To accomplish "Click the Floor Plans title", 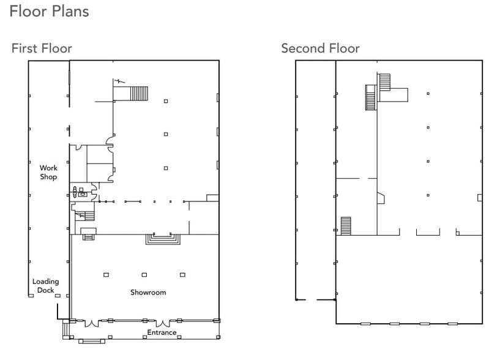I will click(50, 11).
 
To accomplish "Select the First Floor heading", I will click(42, 48).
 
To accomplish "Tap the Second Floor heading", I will click(320, 48).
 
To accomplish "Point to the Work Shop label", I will click(48, 172).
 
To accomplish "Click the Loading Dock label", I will click(45, 286).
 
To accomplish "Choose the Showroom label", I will click(148, 292).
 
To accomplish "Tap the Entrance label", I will click(162, 332).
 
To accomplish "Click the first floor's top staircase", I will click(138, 94).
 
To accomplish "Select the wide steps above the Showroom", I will click(162, 239).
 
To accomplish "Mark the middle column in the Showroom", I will click(144, 275).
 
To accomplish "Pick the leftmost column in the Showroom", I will click(106, 275).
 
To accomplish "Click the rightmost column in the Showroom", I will click(182, 275).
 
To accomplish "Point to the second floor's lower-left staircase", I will click(345, 225).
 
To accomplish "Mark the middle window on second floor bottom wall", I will click(395, 323).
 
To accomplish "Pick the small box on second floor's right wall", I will click(480, 197).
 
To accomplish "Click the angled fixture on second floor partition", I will click(380, 198).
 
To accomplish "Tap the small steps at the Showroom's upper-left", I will click(89, 237).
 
